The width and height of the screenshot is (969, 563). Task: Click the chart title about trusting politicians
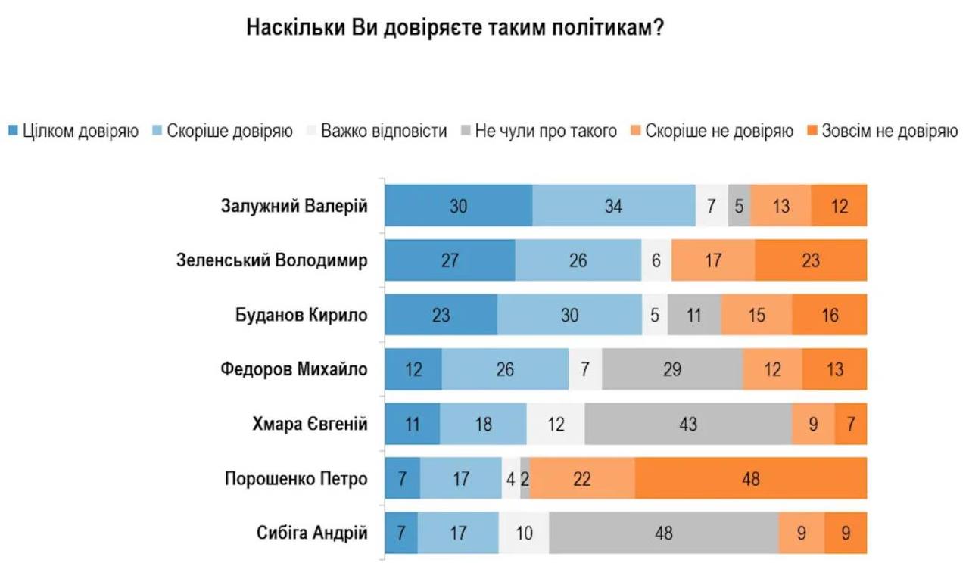[455, 28]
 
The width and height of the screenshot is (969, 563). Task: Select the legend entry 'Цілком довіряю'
[73, 131]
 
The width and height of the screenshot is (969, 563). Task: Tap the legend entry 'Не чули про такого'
[538, 131]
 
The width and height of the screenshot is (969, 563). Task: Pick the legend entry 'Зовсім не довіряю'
[883, 131]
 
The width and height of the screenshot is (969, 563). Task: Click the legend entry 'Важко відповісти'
[376, 131]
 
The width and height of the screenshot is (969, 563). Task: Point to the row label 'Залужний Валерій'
[294, 206]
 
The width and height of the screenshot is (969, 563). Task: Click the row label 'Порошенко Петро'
[296, 479]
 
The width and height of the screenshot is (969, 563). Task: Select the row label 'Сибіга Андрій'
[312, 533]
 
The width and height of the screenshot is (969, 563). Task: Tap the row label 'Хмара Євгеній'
[310, 424]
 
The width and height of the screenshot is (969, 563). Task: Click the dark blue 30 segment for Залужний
[459, 205]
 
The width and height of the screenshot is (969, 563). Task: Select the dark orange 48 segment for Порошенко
[751, 478]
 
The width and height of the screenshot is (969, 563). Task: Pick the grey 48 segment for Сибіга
[664, 533]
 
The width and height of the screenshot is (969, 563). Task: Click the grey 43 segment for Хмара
[688, 424]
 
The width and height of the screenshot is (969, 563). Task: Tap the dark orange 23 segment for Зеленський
[811, 260]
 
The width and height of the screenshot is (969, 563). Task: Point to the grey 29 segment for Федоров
[672, 369]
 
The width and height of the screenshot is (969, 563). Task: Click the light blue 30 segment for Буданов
[570, 314]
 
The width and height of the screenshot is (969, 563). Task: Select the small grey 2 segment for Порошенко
[525, 478]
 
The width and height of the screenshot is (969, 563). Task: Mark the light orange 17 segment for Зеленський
[713, 260]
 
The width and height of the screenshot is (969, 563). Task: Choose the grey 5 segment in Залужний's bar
[740, 205]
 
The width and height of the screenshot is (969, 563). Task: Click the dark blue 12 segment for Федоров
[413, 369]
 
